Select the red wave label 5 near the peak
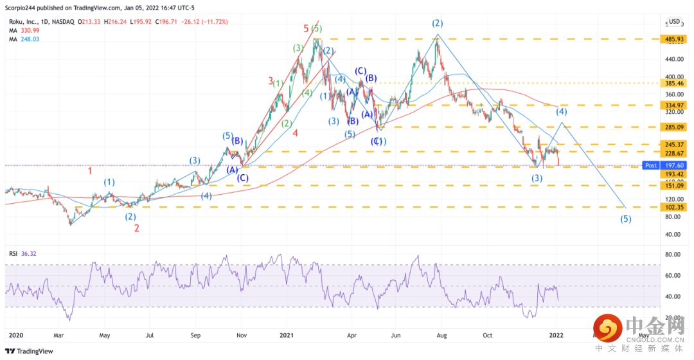pyautogui.click(x=306, y=28)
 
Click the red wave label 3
pyautogui.click(x=271, y=81)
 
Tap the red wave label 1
pyautogui.click(x=91, y=171)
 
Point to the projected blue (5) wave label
pyautogui.click(x=625, y=219)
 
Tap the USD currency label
pyautogui.click(x=674, y=22)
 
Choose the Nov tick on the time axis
pyautogui.click(x=241, y=335)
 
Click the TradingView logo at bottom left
pyautogui.click(x=30, y=351)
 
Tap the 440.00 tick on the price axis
pyautogui.click(x=673, y=59)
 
